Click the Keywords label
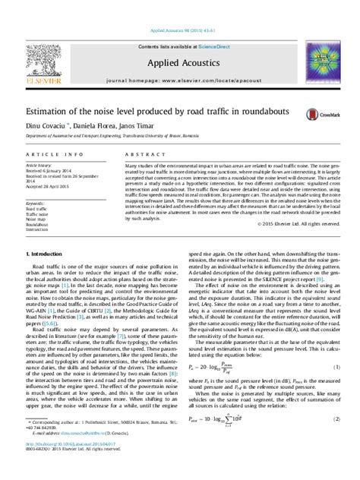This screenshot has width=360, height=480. [37, 204]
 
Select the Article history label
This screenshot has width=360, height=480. [40, 164]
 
